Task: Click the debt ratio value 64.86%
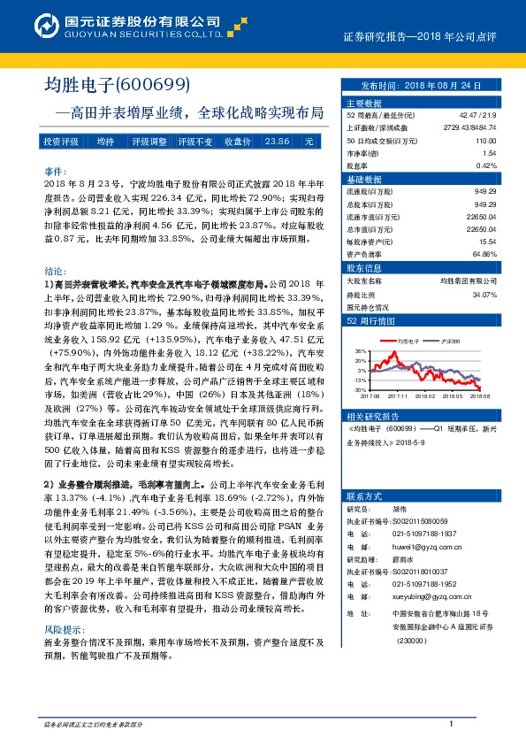pyautogui.click(x=484, y=253)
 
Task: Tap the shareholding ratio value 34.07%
pyautogui.click(x=484, y=295)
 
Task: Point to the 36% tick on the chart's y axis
pyautogui.click(x=359, y=350)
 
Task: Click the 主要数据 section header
pyautogui.click(x=363, y=103)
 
